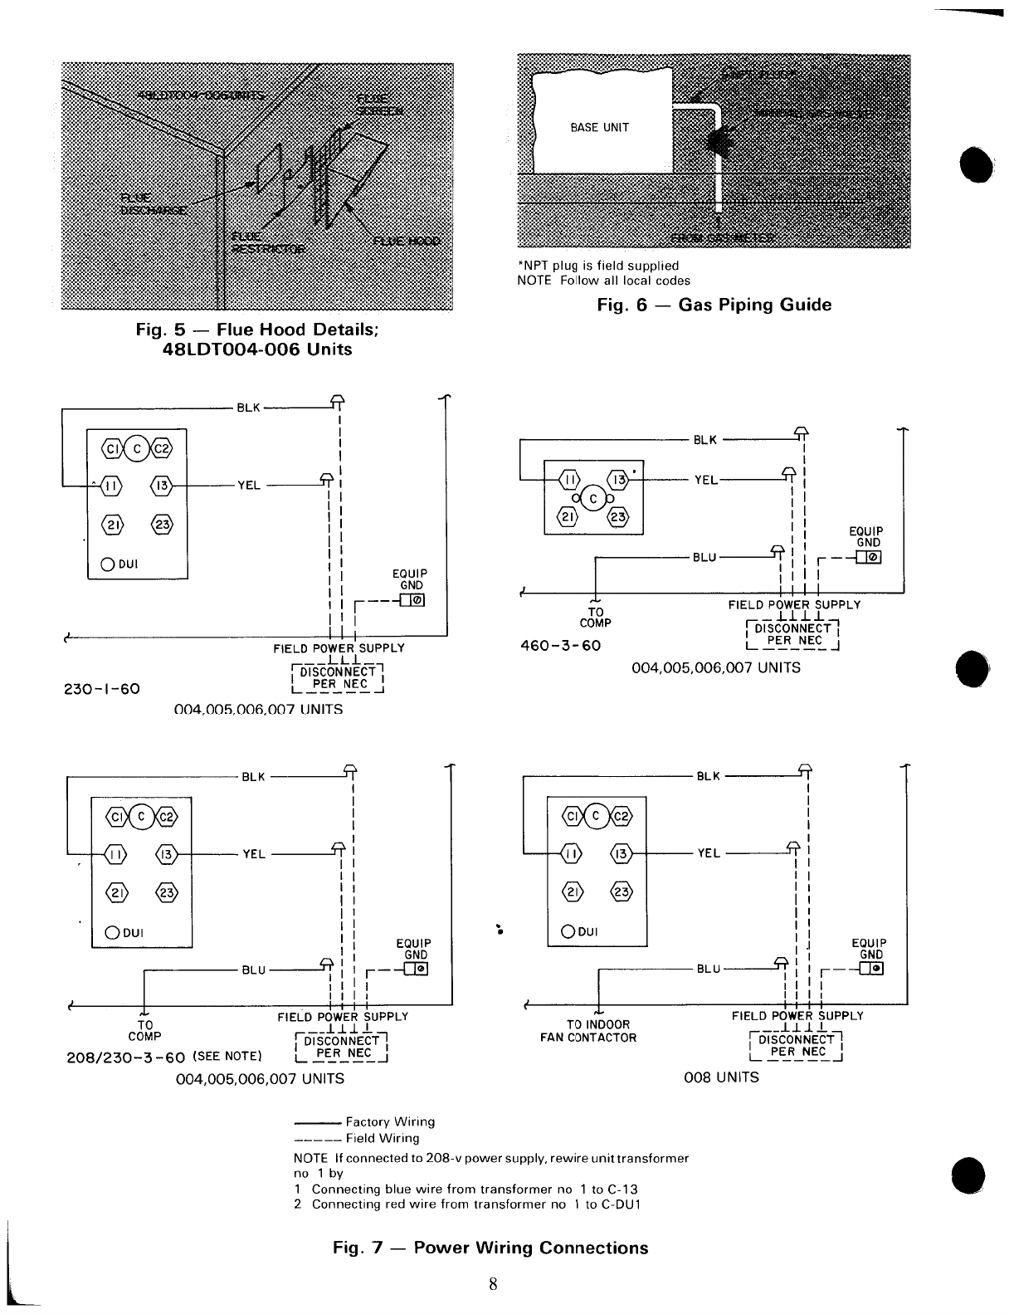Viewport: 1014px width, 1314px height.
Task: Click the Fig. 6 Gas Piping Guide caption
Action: click(714, 305)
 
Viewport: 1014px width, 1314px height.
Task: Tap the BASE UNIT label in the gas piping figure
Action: click(599, 128)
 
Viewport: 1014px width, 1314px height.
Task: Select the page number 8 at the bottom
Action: click(493, 1284)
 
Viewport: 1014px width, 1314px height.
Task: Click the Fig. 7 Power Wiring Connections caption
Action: click(490, 1248)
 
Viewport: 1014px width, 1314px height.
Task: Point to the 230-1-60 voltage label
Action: click(101, 689)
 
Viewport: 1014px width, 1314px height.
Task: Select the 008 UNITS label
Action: click(720, 1077)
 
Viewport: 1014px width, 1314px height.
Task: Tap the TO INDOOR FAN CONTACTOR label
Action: click(598, 1031)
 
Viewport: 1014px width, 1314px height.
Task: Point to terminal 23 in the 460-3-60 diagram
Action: click(617, 518)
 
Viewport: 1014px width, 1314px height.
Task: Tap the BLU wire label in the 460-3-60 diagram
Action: click(705, 558)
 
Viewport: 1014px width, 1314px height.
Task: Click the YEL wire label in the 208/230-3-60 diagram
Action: click(253, 853)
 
